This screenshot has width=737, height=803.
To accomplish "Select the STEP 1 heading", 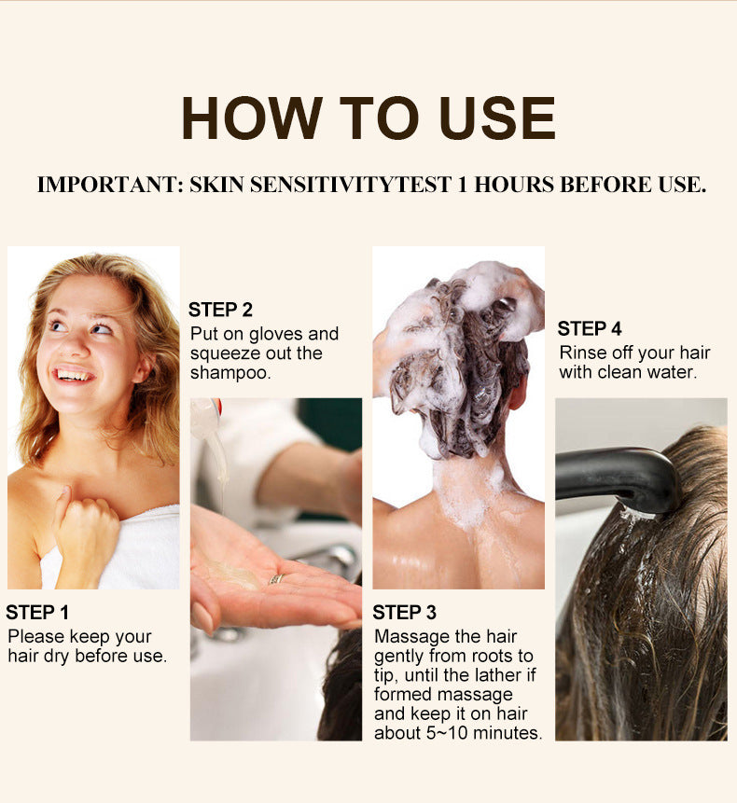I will point(37,613).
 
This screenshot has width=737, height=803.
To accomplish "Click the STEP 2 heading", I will point(220,310).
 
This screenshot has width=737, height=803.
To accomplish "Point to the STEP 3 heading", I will point(404,613).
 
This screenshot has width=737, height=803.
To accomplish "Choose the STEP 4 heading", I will point(590,328).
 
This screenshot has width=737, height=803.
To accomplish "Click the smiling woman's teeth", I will point(76,376).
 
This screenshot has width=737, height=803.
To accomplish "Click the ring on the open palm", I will point(277,579).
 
